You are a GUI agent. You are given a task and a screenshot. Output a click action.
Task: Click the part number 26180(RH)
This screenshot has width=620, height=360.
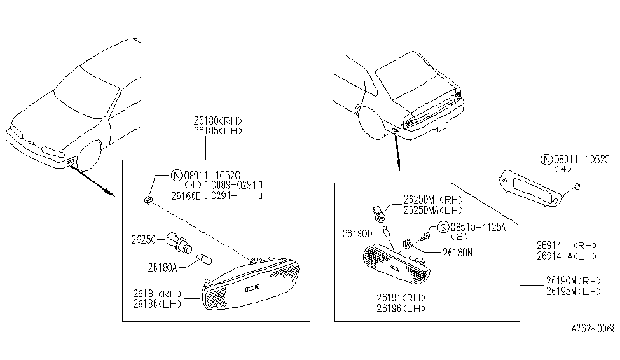click(x=218, y=120)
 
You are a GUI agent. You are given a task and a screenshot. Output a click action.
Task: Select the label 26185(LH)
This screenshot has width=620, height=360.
click(x=218, y=130)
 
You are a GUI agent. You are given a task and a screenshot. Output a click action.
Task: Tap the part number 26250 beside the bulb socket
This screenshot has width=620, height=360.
click(x=144, y=240)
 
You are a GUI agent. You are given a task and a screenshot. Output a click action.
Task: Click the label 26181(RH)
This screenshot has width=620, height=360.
click(x=157, y=294)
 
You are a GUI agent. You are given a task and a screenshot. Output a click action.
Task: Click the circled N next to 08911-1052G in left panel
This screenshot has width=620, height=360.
click(x=177, y=174)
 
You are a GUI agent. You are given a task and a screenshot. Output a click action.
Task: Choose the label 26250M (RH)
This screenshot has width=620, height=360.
click(x=432, y=198)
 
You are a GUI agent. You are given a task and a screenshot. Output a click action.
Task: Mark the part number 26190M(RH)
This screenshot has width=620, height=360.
click(x=573, y=280)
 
